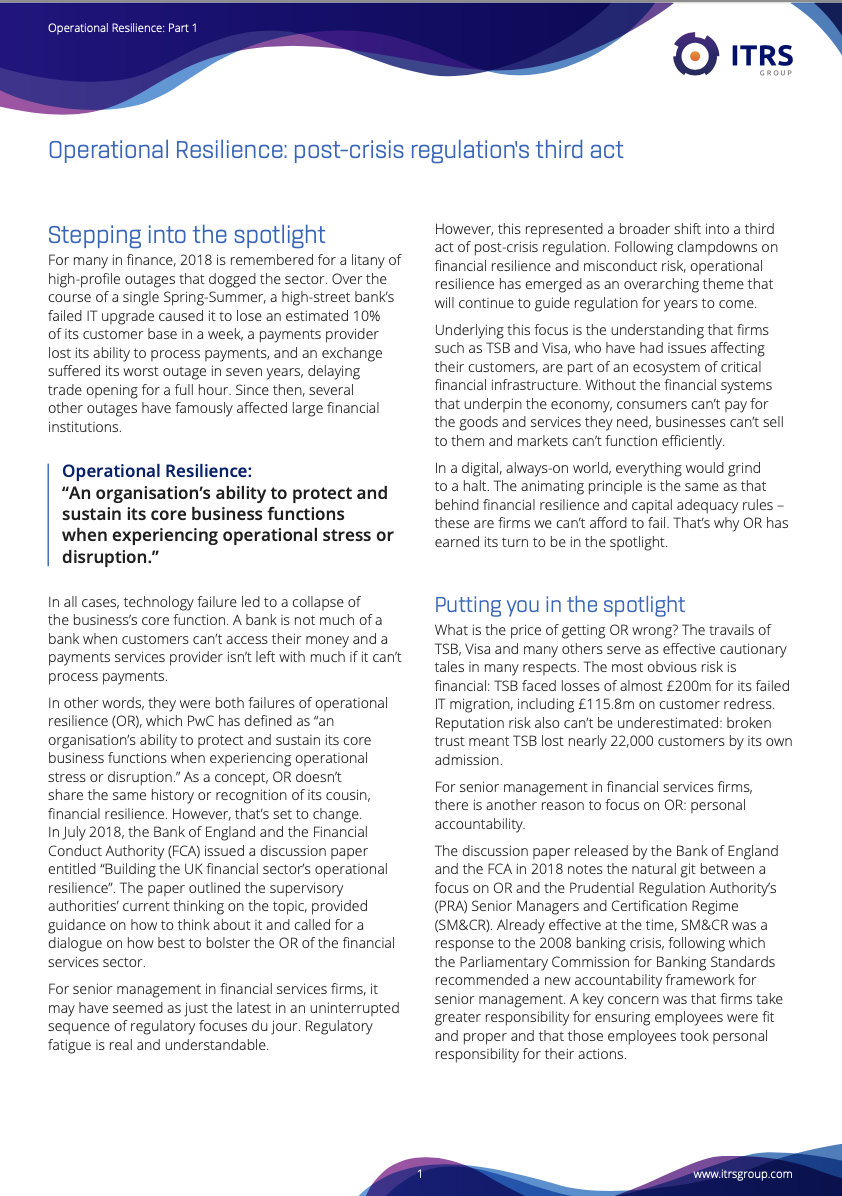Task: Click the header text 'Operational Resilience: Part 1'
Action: click(122, 28)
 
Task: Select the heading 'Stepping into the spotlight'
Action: click(187, 235)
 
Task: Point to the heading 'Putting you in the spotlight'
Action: click(559, 604)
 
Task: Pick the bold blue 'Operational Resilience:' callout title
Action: click(157, 471)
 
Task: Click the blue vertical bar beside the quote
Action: click(49, 514)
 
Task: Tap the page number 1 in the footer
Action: click(420, 1174)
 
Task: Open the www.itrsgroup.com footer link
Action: click(742, 1174)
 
